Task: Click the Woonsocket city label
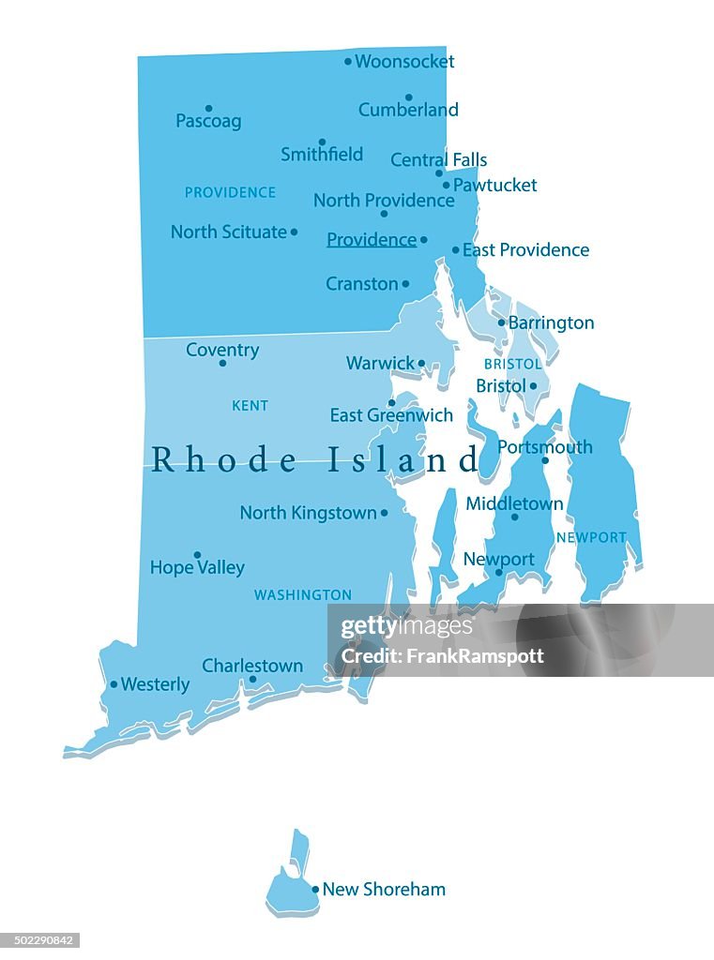tap(404, 62)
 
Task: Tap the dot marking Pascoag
tap(208, 108)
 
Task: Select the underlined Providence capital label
tap(371, 240)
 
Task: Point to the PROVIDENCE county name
tap(230, 192)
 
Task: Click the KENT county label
tap(250, 406)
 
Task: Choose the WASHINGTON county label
tap(302, 595)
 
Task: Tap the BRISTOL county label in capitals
tap(512, 364)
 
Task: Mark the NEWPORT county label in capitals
tap(591, 538)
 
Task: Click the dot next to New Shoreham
tap(315, 889)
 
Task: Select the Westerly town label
tap(155, 685)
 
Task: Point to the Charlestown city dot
tap(252, 680)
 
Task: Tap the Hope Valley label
tap(197, 568)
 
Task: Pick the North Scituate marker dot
tap(294, 232)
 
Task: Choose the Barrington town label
tap(551, 323)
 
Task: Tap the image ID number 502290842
tap(40, 940)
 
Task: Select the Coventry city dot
tap(222, 364)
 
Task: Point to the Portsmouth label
tap(544, 447)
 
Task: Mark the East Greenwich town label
tap(391, 415)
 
